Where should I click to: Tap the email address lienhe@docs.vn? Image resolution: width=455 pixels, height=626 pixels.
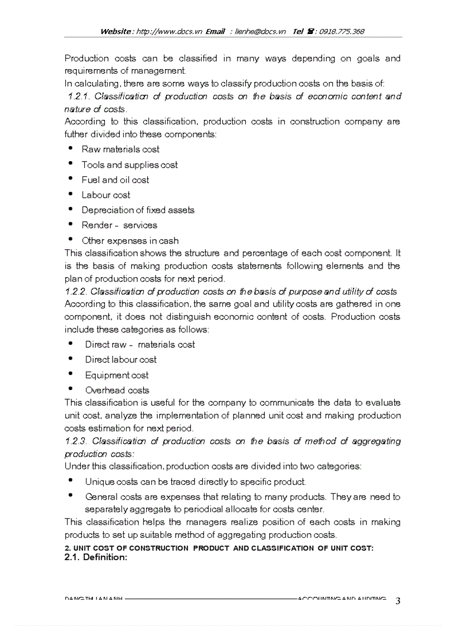pos(260,31)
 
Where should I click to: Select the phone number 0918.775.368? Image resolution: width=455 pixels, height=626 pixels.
pos(342,31)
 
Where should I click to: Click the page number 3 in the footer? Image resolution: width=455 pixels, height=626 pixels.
pos(398,601)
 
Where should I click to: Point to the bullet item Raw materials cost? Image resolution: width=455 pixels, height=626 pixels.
pos(120,149)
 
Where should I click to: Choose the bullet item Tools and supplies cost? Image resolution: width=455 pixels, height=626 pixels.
pos(129,165)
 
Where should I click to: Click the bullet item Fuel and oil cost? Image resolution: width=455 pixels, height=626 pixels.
pos(115,180)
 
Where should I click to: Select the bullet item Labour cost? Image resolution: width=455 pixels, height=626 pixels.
pos(106,195)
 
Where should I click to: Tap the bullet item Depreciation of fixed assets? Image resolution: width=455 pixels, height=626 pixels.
pos(138,210)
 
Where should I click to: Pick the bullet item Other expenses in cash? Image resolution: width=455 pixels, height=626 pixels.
pos(130,241)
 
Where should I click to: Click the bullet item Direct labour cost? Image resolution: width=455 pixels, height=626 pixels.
pos(120,360)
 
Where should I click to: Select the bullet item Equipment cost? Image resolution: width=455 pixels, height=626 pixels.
pos(117,375)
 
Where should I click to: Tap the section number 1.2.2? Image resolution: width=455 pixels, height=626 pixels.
pos(76,292)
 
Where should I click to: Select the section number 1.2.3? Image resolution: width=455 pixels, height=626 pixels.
pos(76,441)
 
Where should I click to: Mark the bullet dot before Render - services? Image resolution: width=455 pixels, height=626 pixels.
pos(70,224)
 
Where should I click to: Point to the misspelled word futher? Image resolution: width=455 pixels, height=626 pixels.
pos(78,134)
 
